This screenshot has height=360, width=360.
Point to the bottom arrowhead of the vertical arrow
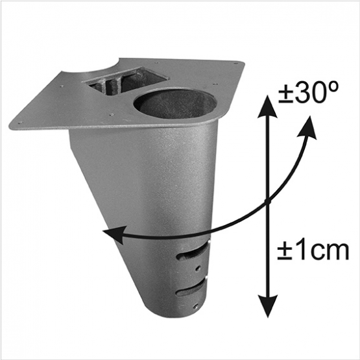coord(268,306)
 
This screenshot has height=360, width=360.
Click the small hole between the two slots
coord(198,268)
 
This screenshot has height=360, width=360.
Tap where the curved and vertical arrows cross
coord(268,202)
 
